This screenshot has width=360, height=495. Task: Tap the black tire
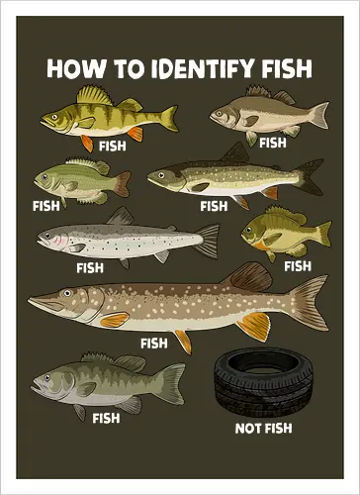pos(263,383)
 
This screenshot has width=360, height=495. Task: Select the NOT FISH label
pos(263,429)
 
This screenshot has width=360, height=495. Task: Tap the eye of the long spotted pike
pos(64,293)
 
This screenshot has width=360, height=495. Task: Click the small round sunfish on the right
pos(272,232)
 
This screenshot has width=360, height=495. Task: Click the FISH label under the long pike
pos(154,344)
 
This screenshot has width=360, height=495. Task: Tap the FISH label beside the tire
pos(106,418)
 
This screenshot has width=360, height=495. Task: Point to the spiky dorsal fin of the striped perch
pos(96,95)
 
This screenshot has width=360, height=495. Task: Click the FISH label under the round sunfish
pos(297,265)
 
